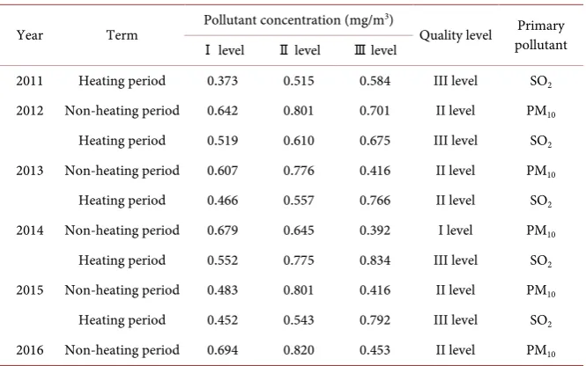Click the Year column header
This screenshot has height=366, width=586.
coord(30,35)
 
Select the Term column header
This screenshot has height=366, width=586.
coord(122,35)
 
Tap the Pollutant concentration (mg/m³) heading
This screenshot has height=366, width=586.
coord(298,20)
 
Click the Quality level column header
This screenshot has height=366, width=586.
coord(456,35)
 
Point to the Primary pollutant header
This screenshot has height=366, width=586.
coord(541,35)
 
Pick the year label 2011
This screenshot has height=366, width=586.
coord(30,81)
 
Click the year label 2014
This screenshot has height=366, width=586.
coord(30,231)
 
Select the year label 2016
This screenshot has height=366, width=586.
coord(30,350)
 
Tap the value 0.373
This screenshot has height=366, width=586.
coord(222,81)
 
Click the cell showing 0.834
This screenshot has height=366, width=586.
coord(375,260)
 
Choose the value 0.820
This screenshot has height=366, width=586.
coord(299,350)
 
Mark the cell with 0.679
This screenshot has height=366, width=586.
coord(222,231)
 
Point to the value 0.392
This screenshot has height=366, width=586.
coord(375,231)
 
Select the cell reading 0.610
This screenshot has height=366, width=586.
coord(299,141)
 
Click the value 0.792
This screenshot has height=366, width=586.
coord(375,320)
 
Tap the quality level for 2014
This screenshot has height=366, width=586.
coord(456,231)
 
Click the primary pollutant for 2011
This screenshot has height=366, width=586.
coord(541,82)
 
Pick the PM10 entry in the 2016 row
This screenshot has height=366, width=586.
coord(541,351)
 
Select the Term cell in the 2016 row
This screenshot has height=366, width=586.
coord(122,350)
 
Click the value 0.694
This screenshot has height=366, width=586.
coord(222,350)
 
